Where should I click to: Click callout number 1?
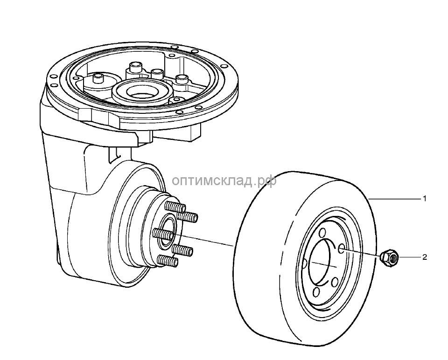click(x=425, y=199)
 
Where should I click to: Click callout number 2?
click(x=425, y=257)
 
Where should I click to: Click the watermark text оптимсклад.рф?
click(x=224, y=180)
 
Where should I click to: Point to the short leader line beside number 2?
click(x=409, y=257)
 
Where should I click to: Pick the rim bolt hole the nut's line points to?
click(x=343, y=248)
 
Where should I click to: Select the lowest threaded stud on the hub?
click(x=168, y=260)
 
